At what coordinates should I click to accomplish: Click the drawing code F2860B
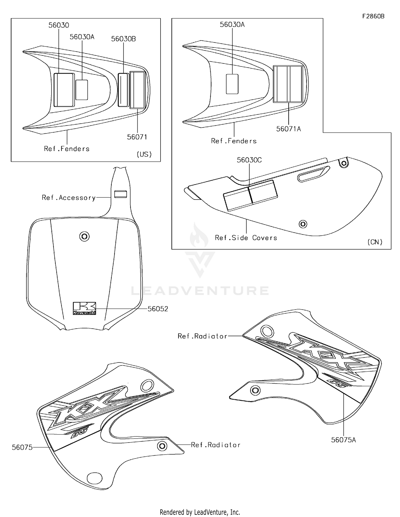[x=373, y=16]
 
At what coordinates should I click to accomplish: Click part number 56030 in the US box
[x=59, y=25]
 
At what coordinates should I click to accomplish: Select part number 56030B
[x=123, y=39]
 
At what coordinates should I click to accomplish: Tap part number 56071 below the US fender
[x=137, y=137]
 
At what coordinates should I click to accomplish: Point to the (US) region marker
[x=144, y=154]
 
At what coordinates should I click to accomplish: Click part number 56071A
[x=288, y=129]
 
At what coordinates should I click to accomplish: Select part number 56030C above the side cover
[x=249, y=160]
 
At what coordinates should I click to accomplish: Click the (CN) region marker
[x=375, y=242]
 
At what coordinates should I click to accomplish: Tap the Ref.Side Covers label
[x=246, y=238]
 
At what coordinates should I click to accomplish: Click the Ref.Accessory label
[x=69, y=198]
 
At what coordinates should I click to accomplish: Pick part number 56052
[x=158, y=309]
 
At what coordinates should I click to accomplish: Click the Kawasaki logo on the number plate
[x=84, y=308]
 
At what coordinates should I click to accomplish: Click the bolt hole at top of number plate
[x=85, y=236]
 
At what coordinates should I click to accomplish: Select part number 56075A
[x=343, y=440]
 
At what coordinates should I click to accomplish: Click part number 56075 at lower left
[x=22, y=447]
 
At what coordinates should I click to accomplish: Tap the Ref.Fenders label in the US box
[x=67, y=149]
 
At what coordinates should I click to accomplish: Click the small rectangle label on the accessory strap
[x=121, y=194]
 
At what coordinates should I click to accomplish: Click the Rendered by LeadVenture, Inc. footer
[x=200, y=512]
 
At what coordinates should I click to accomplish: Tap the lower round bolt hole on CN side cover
[x=303, y=224]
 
